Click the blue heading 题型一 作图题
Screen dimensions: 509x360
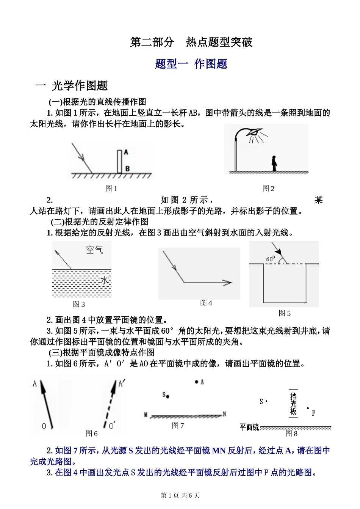click(x=191, y=64)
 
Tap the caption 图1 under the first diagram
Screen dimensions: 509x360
click(x=111, y=189)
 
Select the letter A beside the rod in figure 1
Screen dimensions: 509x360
click(x=126, y=152)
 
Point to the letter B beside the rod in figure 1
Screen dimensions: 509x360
click(x=127, y=168)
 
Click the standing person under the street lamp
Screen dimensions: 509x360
click(x=274, y=163)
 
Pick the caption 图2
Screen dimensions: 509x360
click(x=268, y=189)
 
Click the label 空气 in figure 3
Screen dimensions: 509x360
click(x=94, y=250)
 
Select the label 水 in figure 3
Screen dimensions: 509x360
click(x=105, y=281)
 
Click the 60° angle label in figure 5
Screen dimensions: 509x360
click(x=271, y=259)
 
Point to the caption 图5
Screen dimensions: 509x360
click(x=285, y=313)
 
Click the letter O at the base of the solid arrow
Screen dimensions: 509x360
click(x=44, y=426)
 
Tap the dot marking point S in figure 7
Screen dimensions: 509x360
click(x=167, y=396)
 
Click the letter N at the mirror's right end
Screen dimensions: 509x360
click(x=224, y=414)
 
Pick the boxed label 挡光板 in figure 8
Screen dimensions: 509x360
click(x=293, y=403)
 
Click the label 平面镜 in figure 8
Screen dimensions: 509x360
click(x=249, y=427)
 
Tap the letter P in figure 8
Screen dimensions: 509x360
click(x=313, y=413)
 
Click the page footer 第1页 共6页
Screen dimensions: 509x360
click(x=180, y=495)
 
